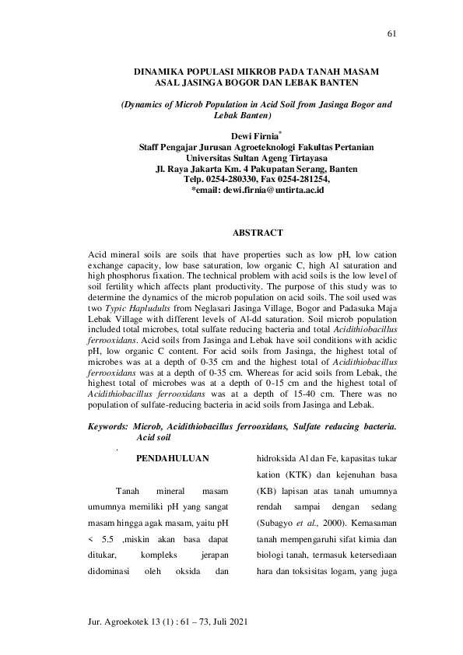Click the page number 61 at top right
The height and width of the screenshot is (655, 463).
391,33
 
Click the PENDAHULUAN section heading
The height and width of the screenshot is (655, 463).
173,459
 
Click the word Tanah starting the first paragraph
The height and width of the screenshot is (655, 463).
127,492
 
